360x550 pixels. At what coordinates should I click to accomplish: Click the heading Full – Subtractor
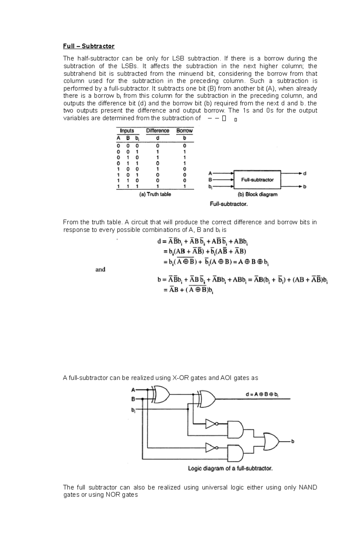[x=88, y=46]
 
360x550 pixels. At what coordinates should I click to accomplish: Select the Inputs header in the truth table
[x=127, y=131]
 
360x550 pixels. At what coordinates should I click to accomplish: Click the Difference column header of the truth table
[x=157, y=131]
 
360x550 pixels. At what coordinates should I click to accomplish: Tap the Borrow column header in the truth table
[x=184, y=131]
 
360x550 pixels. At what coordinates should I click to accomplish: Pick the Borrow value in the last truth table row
[x=184, y=186]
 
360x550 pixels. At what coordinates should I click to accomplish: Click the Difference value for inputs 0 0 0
[x=157, y=146]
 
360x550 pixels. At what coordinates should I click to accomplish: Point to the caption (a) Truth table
[x=155, y=194]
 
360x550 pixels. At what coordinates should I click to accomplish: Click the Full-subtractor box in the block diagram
[x=257, y=180]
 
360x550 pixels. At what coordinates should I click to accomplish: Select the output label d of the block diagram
[x=305, y=173]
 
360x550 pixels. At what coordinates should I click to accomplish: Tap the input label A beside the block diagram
[x=210, y=173]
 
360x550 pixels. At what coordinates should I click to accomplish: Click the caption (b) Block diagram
[x=257, y=194]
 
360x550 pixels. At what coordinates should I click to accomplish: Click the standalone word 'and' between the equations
[x=100, y=269]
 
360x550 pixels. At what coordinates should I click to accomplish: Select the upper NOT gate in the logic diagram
[x=211, y=424]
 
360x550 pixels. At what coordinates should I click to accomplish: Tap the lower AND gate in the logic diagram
[x=235, y=453]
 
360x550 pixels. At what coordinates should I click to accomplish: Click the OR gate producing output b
[x=271, y=441]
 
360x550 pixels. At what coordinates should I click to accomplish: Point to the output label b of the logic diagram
[x=293, y=441]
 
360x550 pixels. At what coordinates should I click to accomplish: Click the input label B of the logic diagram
[x=133, y=399]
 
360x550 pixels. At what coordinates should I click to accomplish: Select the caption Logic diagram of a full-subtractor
[x=230, y=468]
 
